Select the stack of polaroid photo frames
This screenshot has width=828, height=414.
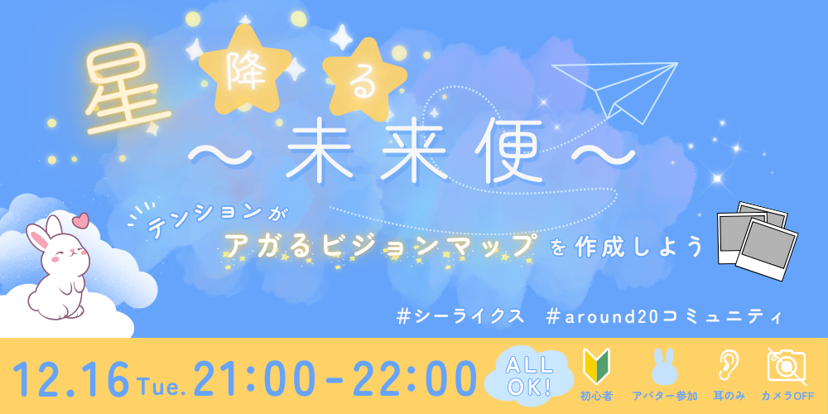[757, 240]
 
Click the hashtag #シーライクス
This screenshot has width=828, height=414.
[460, 316]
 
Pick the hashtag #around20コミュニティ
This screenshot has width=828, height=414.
[665, 316]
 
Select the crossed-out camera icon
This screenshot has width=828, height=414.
[787, 366]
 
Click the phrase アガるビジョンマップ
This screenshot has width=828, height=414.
[378, 245]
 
